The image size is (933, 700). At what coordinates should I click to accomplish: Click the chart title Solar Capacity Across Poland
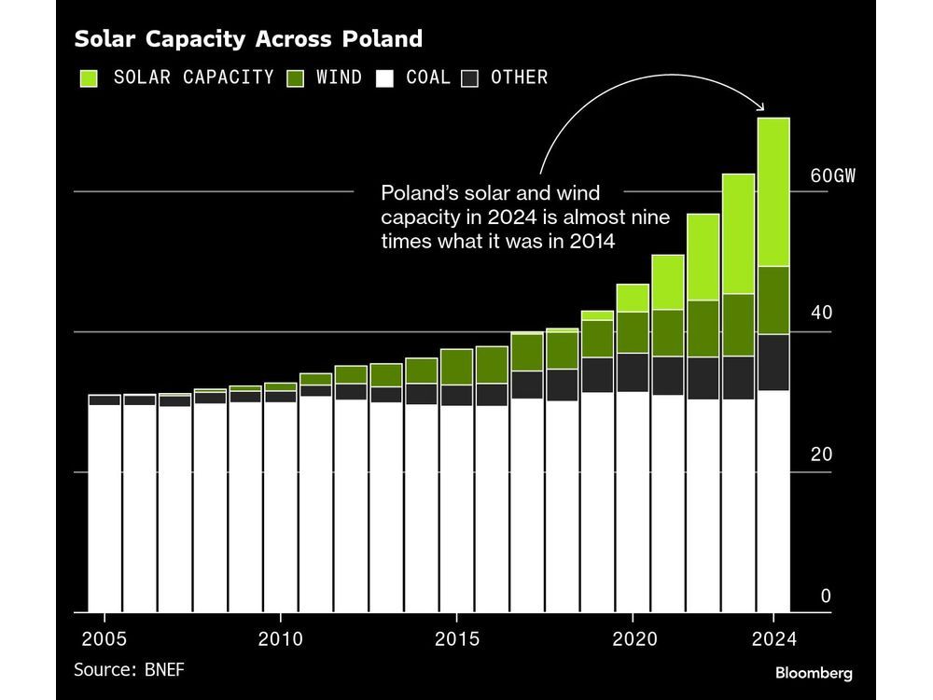[248, 39]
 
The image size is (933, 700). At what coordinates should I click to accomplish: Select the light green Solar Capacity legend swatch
[90, 77]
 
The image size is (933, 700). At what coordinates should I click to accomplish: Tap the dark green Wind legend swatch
[297, 77]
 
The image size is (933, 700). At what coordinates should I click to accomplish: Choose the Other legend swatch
[470, 77]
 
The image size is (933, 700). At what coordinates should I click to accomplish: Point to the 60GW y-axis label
[831, 175]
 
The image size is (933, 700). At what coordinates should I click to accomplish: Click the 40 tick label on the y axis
[820, 314]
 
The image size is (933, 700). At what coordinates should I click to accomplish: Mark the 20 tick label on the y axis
[820, 455]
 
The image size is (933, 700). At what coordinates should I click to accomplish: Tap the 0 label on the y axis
[826, 595]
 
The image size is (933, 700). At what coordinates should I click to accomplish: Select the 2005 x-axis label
[104, 639]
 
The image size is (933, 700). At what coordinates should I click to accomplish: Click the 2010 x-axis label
[280, 639]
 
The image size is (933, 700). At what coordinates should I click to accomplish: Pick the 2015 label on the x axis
[456, 639]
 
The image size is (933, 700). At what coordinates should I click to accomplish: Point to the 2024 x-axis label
[773, 639]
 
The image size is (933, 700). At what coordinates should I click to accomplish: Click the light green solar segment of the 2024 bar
[773, 191]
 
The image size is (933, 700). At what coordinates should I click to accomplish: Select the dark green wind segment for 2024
[773, 300]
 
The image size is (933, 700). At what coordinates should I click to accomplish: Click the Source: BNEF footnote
[136, 669]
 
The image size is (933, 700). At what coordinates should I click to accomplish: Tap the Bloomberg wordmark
[814, 673]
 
